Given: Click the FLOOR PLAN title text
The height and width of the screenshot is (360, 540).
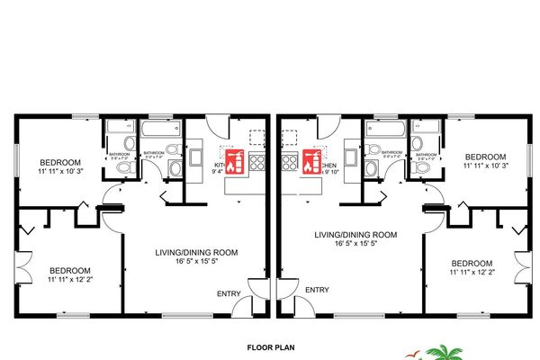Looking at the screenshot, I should pyautogui.click(x=271, y=345).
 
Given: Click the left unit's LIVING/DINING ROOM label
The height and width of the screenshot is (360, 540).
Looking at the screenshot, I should pyautogui.click(x=193, y=253).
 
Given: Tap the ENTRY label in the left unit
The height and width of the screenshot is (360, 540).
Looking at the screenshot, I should pyautogui.click(x=229, y=293).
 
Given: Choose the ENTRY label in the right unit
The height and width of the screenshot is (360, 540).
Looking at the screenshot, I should pyautogui.click(x=316, y=289).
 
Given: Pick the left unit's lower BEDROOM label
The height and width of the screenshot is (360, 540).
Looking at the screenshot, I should pyautogui.click(x=69, y=270).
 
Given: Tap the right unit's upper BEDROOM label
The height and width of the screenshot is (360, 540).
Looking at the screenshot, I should pyautogui.click(x=485, y=155).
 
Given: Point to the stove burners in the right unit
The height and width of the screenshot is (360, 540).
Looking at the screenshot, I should pyautogui.click(x=289, y=163).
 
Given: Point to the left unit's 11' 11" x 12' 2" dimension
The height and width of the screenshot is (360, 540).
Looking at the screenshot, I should pyautogui.click(x=69, y=280).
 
